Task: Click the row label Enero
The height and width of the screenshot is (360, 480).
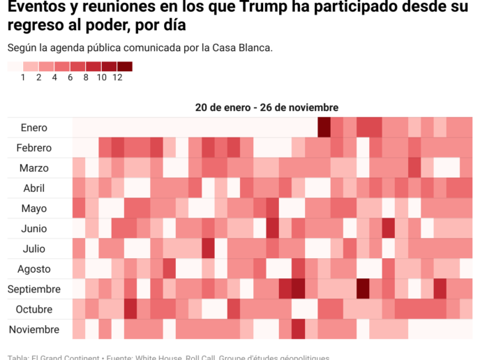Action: click(34, 128)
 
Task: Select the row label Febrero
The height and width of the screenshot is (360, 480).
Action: click(34, 148)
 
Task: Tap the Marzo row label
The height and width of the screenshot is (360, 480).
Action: click(34, 168)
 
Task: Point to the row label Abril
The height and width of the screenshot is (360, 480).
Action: click(34, 188)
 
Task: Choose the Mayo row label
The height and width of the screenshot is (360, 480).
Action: click(34, 209)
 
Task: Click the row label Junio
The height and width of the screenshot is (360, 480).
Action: click(34, 229)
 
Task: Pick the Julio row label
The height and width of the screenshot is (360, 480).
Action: click(34, 249)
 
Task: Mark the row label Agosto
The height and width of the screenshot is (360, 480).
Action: click(34, 269)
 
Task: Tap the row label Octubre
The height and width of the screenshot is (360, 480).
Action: click(34, 310)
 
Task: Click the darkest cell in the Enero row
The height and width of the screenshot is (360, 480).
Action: click(324, 128)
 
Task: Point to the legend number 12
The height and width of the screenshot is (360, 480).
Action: click(117, 77)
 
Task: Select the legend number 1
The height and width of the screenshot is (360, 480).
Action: click(23, 77)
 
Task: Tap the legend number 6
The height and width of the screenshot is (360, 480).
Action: click(70, 77)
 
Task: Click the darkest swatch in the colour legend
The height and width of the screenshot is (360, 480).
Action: click(125, 67)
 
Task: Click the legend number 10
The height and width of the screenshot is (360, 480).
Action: click(101, 77)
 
